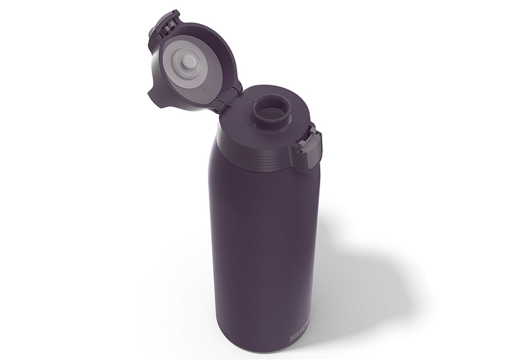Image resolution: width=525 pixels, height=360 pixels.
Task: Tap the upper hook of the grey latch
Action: (x=314, y=134)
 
